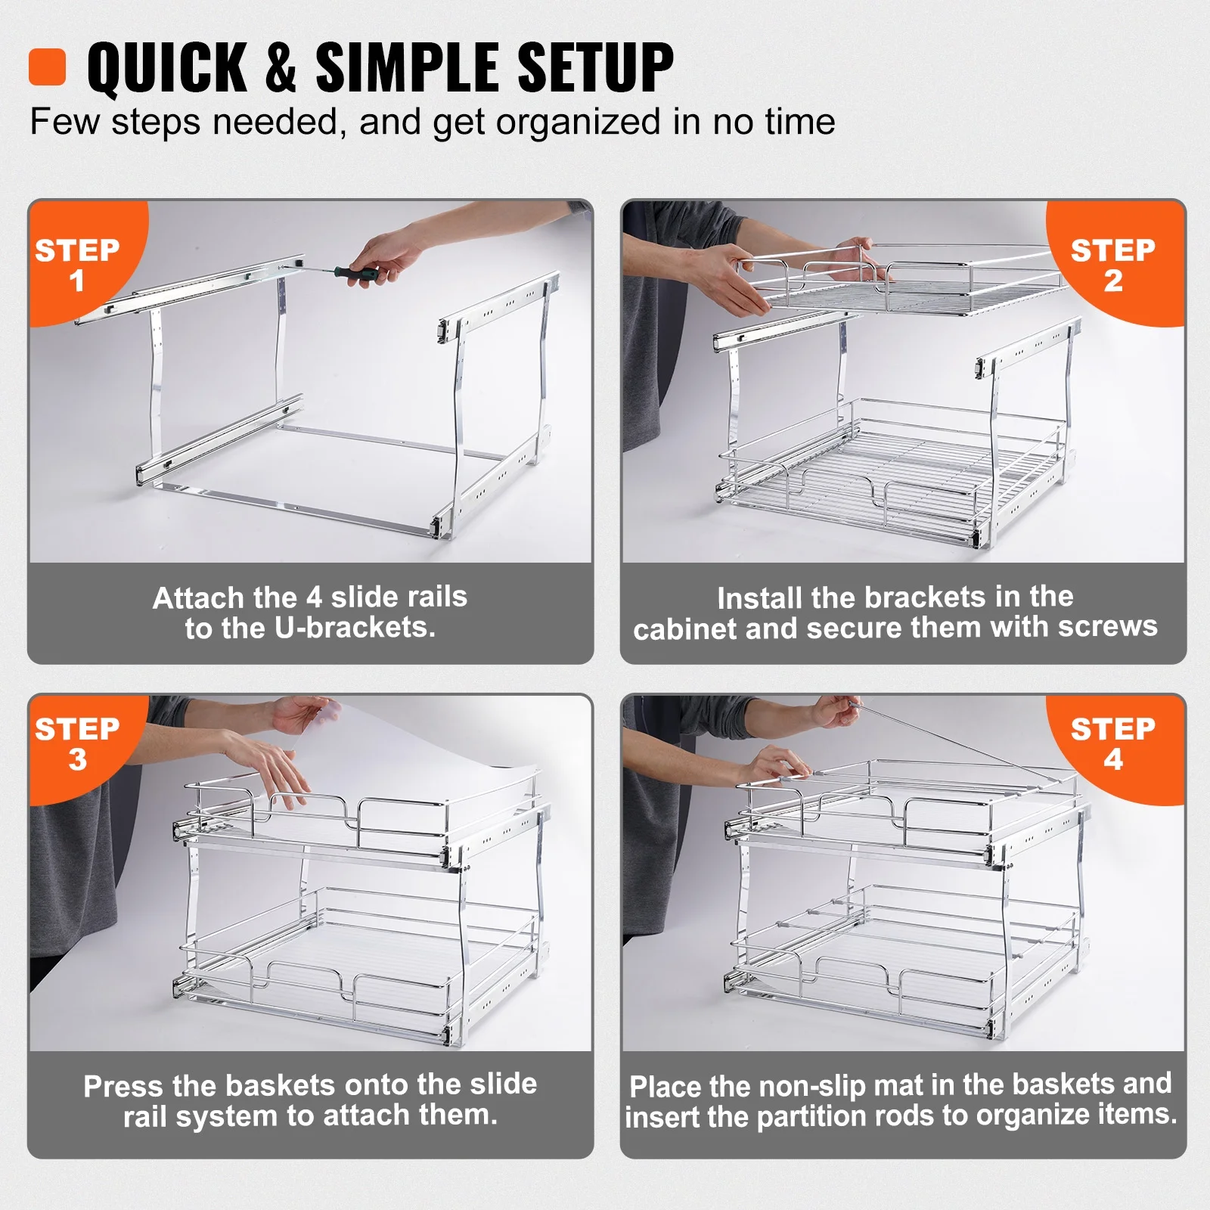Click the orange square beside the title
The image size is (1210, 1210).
click(48, 67)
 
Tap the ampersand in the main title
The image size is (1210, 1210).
click(280, 68)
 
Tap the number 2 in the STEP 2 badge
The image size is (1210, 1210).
click(1112, 281)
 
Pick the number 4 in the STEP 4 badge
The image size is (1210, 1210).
click(1112, 759)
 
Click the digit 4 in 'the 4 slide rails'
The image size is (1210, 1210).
click(314, 597)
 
